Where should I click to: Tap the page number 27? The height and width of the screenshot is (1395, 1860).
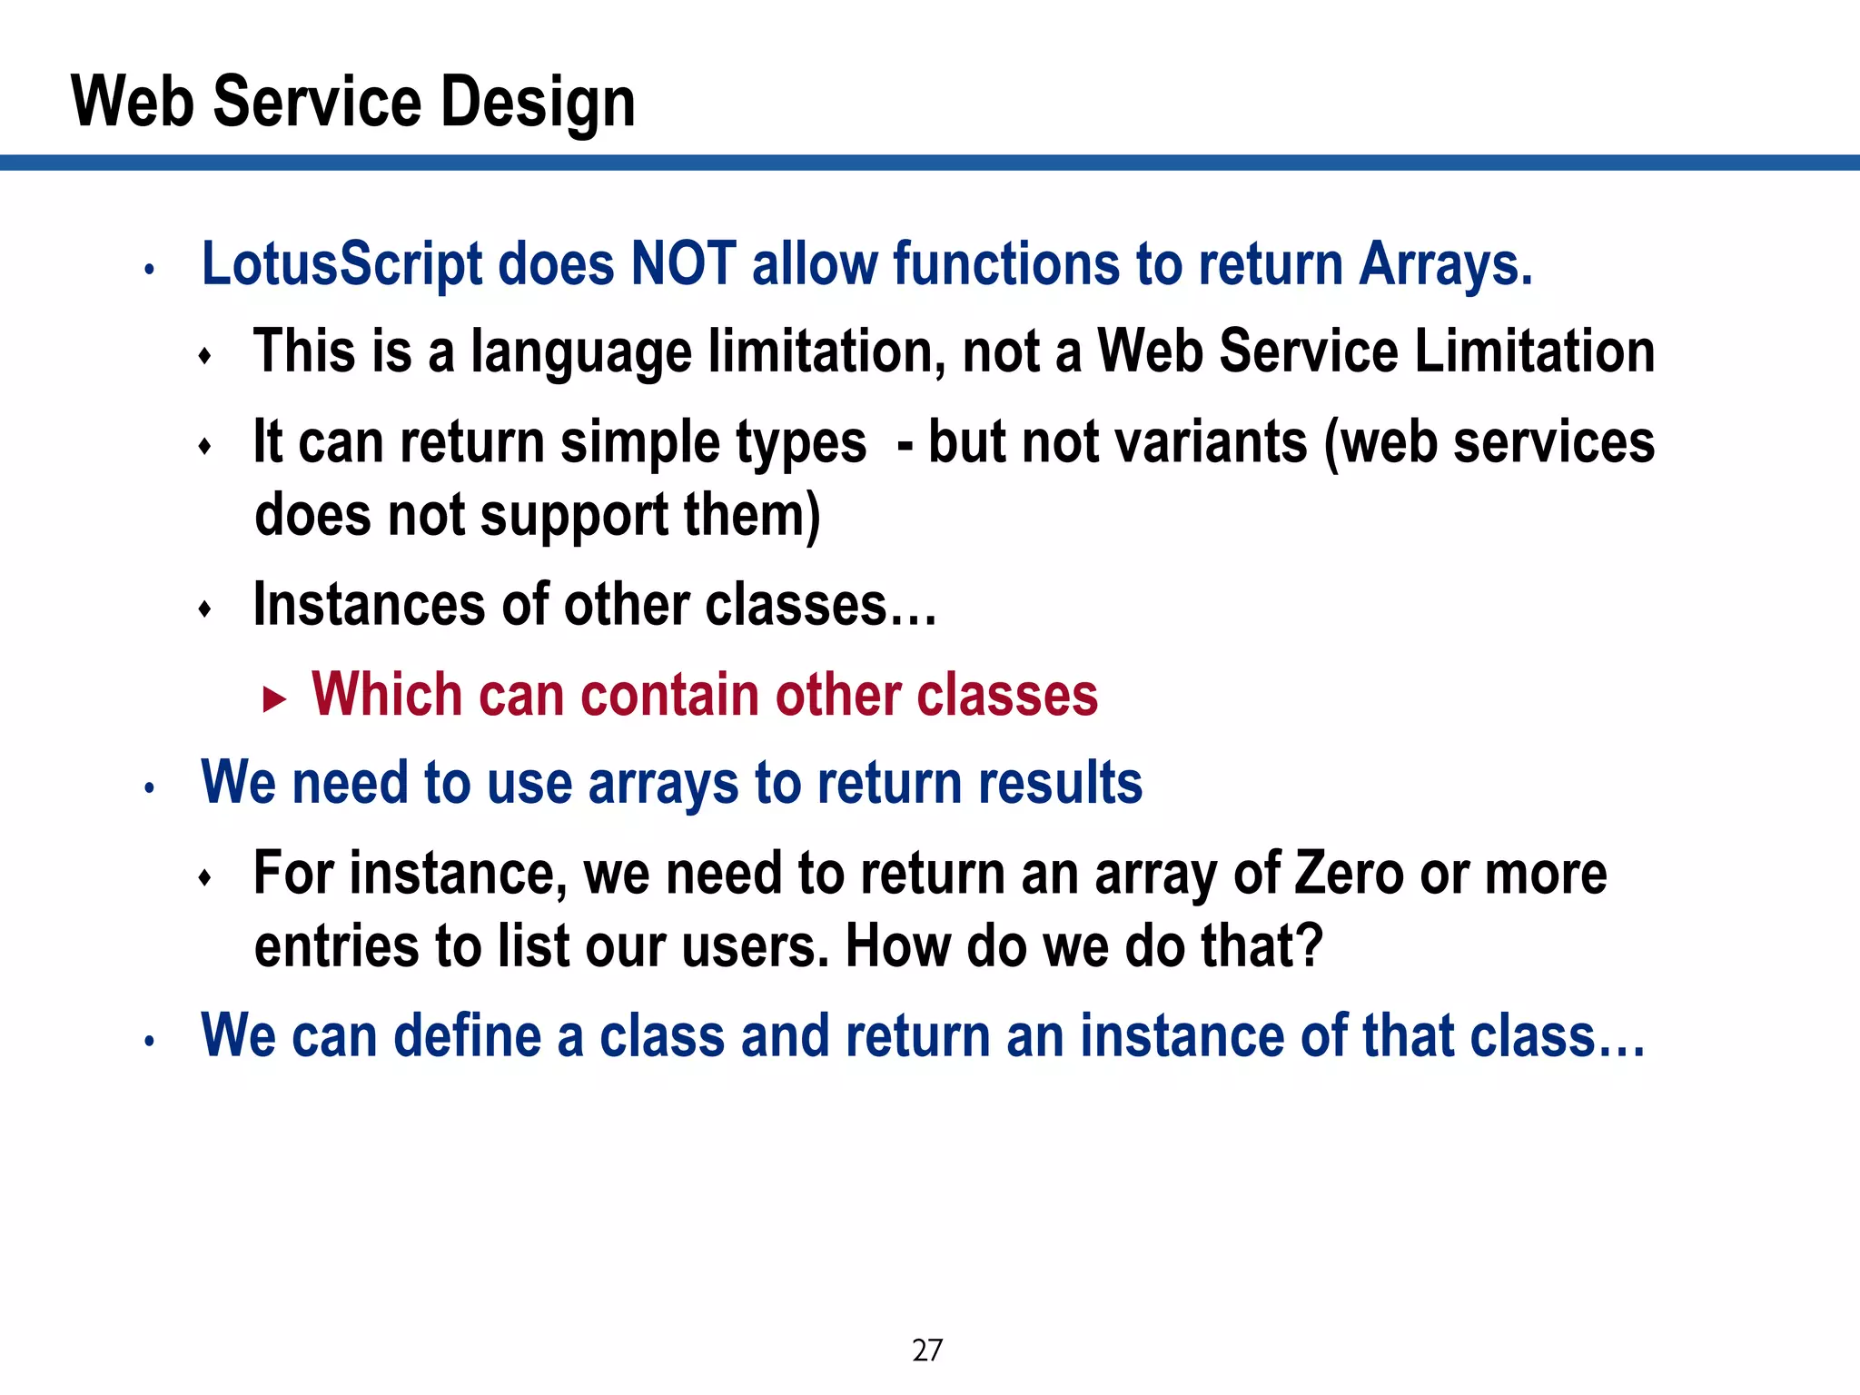(926, 1350)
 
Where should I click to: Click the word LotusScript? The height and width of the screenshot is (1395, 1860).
(341, 264)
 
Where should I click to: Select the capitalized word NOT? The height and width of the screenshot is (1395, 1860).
(682, 264)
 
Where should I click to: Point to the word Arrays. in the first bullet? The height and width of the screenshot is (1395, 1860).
(1445, 264)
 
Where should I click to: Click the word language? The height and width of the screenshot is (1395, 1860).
(580, 352)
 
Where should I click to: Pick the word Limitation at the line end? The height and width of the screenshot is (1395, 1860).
(1534, 351)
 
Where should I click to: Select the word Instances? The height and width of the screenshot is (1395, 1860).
(369, 605)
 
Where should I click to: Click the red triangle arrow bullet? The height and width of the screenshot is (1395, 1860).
(273, 699)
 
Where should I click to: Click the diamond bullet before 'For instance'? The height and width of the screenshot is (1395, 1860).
(205, 877)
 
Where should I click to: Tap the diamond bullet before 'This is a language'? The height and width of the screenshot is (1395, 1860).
(205, 356)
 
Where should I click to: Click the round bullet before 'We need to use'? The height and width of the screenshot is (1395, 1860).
(150, 788)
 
